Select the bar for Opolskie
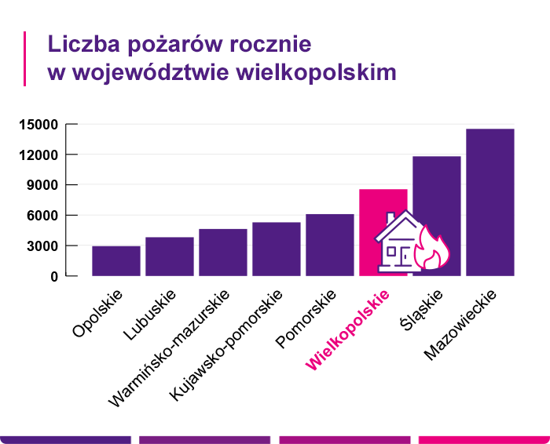116,261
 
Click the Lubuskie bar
170,257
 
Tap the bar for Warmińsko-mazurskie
223,253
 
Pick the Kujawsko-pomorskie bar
277,249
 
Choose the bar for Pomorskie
330,245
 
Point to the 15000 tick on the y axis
40,125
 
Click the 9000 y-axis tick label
43,185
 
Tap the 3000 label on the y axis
43,246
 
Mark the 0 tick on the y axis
54,276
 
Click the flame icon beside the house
433,249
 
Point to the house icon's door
403,257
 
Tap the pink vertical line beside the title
25,58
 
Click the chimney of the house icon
390,218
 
